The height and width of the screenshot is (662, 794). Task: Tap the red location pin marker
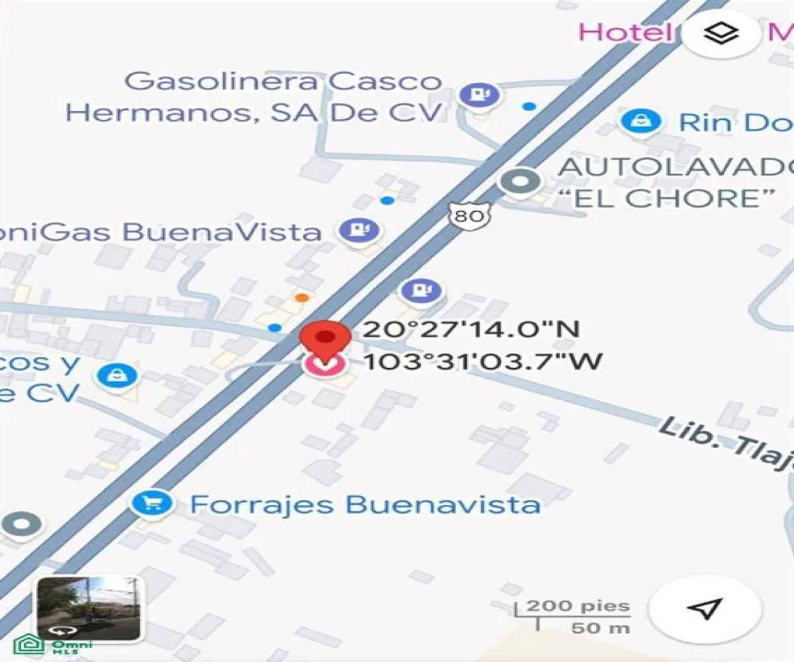pyautogui.click(x=324, y=340)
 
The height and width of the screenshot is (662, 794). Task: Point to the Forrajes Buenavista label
pyautogui.click(x=365, y=505)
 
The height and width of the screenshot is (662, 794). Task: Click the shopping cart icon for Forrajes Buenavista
pyautogui.click(x=152, y=504)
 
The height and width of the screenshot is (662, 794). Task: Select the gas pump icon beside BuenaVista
pyautogui.click(x=359, y=230)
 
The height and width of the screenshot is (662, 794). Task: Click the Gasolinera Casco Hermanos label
pyautogui.click(x=254, y=97)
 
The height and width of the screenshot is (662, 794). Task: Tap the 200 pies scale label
pyautogui.click(x=578, y=606)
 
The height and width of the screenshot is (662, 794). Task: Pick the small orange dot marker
pyautogui.click(x=302, y=297)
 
